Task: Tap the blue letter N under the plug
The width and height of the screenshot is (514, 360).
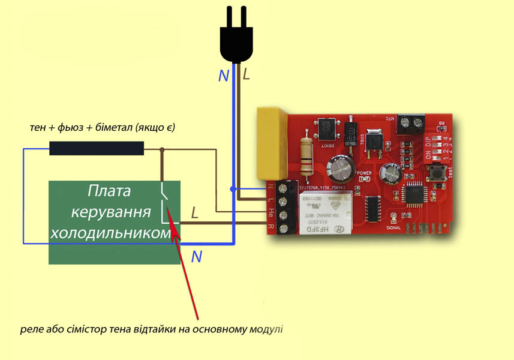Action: (x=223, y=76)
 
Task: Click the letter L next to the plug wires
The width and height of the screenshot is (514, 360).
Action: (x=245, y=74)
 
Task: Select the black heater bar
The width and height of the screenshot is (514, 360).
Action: (x=96, y=148)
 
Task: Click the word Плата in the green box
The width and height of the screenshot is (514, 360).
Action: (x=109, y=192)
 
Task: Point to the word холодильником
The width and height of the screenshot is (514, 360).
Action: (x=112, y=234)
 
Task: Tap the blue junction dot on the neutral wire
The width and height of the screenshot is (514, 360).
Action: (x=233, y=189)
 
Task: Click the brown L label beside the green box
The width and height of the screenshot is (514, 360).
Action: (x=194, y=213)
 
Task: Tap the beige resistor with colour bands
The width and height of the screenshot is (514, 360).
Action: (x=307, y=157)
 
